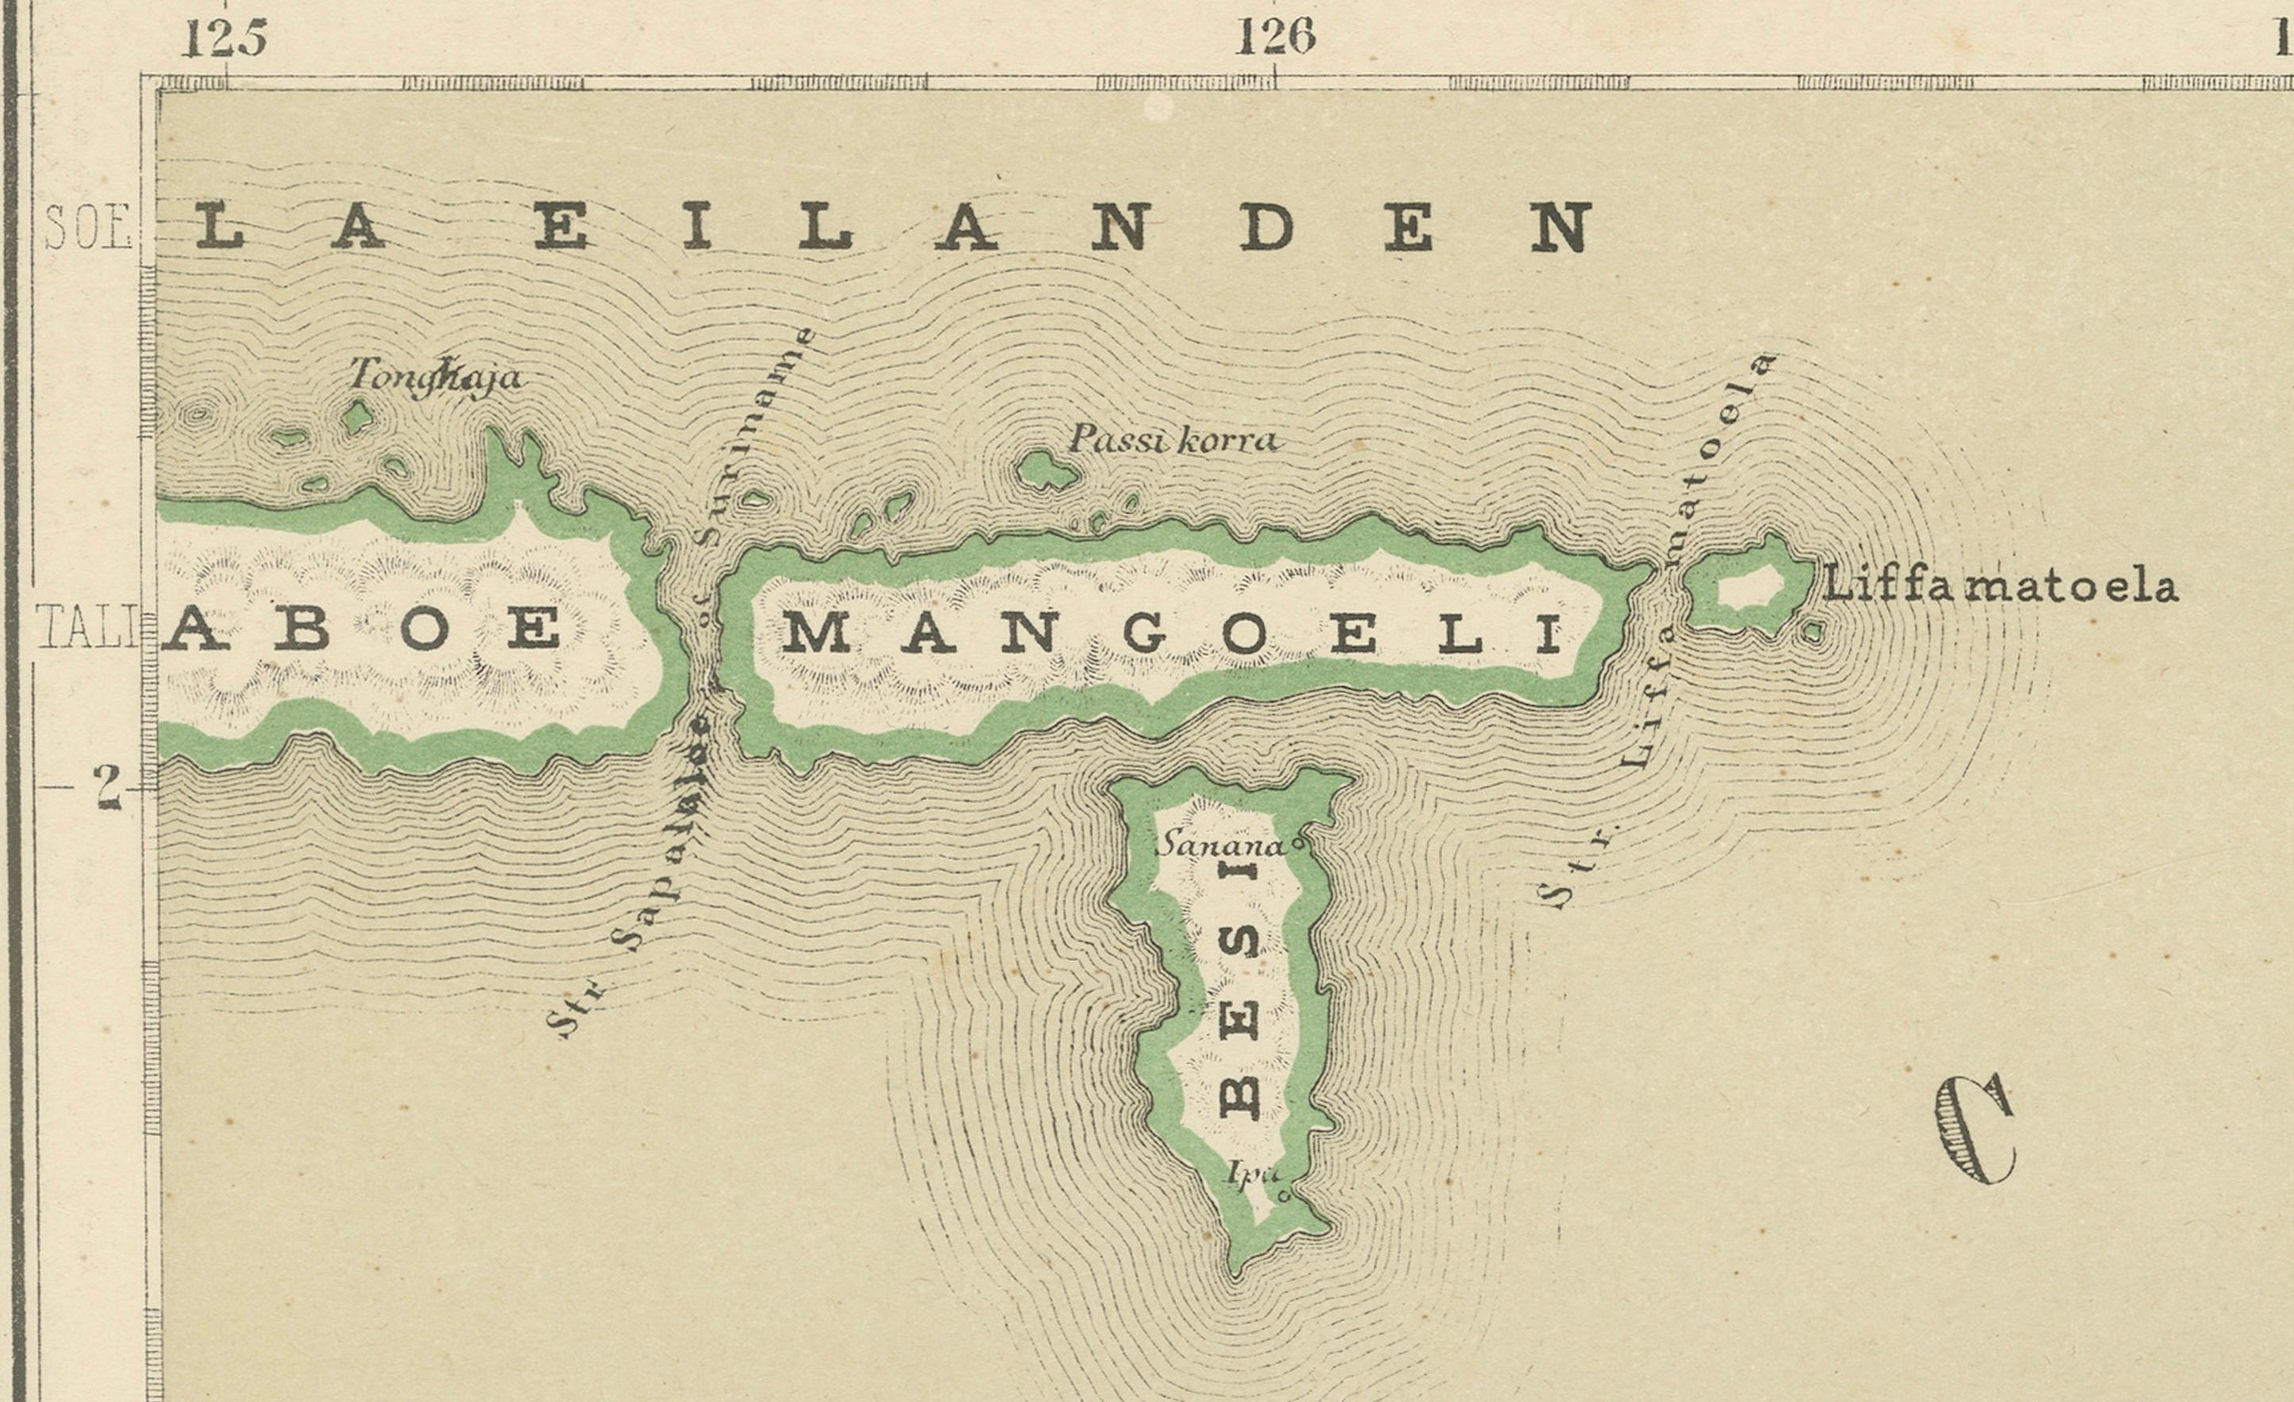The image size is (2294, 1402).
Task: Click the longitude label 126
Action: [1275, 39]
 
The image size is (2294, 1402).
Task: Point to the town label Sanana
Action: [1218, 846]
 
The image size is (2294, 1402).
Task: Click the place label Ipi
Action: [1249, 1174]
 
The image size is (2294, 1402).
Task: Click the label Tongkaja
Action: [435, 377]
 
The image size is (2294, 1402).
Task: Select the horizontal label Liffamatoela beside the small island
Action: [1999, 587]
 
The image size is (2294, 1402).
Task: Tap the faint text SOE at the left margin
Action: [87, 228]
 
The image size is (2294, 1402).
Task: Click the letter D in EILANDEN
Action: [1265, 228]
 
